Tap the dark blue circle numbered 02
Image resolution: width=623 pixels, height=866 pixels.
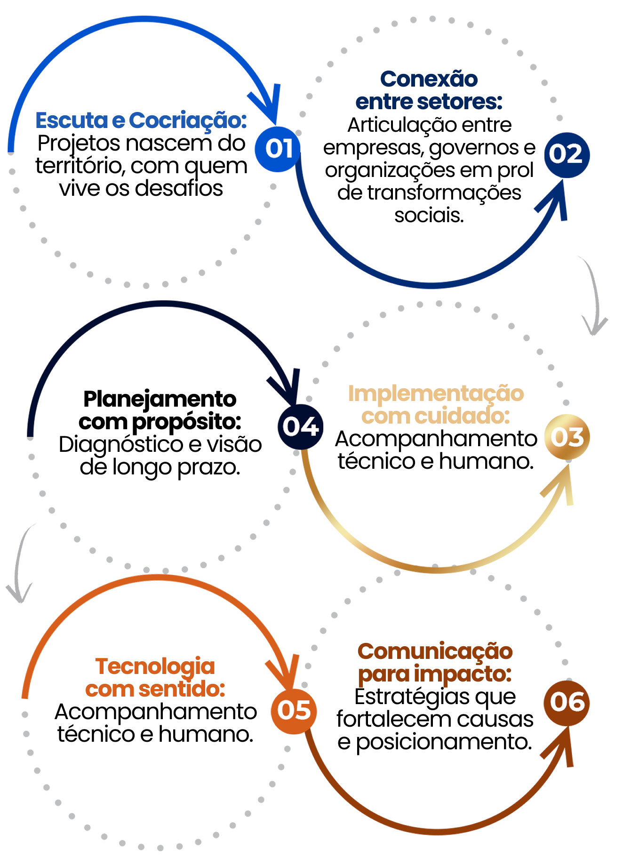[566, 154]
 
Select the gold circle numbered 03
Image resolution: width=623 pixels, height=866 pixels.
[567, 437]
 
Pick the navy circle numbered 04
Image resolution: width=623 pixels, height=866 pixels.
[301, 426]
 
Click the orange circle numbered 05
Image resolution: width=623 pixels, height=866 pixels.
[294, 710]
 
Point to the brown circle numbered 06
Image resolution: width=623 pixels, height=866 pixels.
[567, 702]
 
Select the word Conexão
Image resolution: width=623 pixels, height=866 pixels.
[429, 79]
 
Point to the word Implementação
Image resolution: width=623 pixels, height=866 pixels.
[436, 394]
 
